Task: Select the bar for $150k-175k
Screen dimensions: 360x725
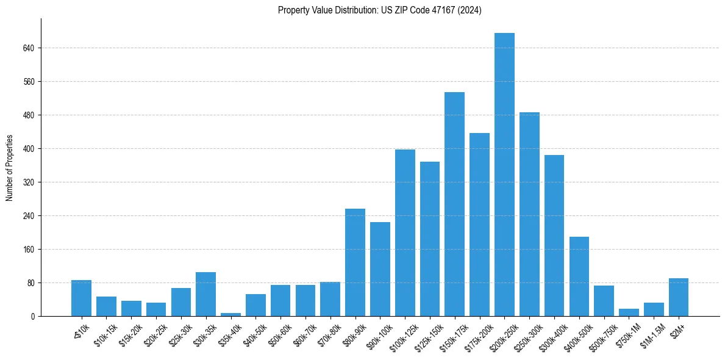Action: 454,204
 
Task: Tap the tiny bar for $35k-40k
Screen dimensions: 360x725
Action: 230,314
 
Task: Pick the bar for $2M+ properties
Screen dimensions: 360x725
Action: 679,297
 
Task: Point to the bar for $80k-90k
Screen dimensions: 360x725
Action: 355,262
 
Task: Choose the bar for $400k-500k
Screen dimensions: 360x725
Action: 579,276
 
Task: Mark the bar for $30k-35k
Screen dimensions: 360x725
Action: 205,294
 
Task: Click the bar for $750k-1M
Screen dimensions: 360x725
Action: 629,312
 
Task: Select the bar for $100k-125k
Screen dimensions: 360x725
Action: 405,232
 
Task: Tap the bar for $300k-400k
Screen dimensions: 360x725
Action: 554,236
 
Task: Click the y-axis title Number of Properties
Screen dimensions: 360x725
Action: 9,168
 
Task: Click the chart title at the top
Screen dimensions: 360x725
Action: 379,10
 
